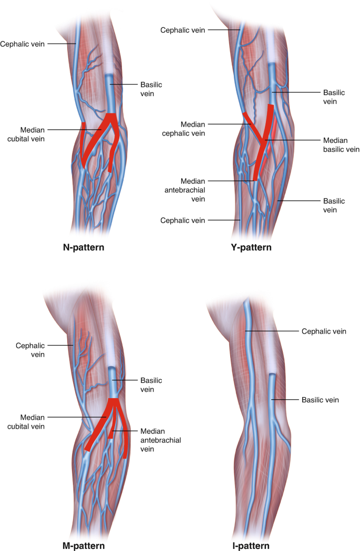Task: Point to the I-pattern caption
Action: point(251,546)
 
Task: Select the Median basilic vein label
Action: point(341,145)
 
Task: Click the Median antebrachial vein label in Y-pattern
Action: point(193,190)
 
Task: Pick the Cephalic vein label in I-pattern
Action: point(324,331)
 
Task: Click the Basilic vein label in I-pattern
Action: point(320,400)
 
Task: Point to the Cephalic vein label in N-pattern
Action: point(24,44)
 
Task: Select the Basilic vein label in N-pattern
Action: point(151,89)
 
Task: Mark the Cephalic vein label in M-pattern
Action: point(30,350)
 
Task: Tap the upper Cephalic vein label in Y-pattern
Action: point(183,30)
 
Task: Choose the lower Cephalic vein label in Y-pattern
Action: point(183,220)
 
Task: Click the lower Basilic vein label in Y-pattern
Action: point(334,205)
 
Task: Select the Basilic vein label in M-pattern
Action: point(151,384)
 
